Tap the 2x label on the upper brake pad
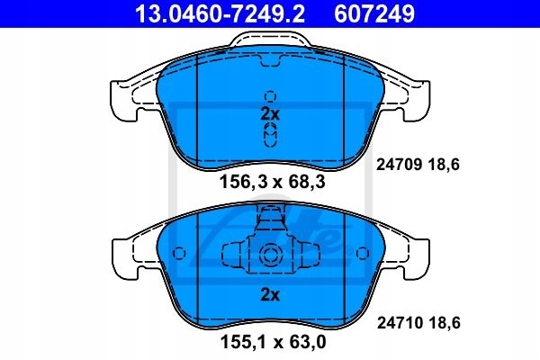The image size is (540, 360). [x=269, y=113]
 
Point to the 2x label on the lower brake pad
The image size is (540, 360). [x=269, y=294]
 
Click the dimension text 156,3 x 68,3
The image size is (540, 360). [x=269, y=183]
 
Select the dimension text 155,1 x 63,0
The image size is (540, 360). [x=269, y=343]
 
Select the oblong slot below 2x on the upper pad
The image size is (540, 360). [x=269, y=133]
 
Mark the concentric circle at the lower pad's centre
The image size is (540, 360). [x=269, y=255]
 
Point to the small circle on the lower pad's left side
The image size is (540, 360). [x=178, y=253]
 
